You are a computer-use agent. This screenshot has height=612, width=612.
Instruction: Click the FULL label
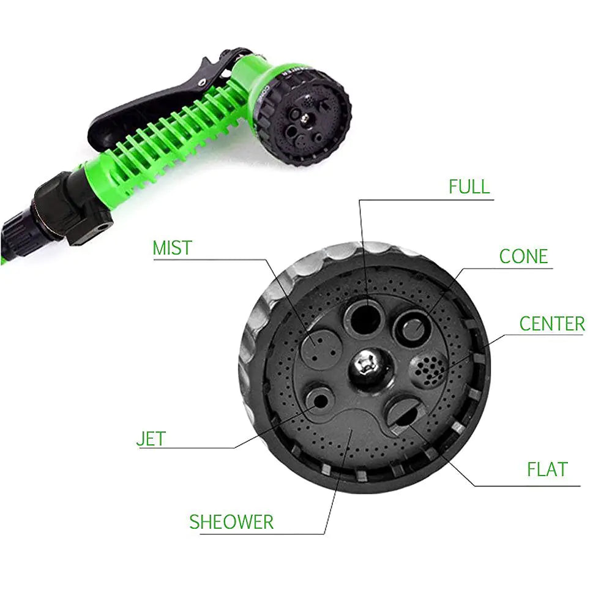tap(469, 187)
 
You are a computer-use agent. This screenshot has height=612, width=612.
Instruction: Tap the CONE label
tap(523, 256)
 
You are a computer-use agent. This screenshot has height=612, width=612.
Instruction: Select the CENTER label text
tap(552, 324)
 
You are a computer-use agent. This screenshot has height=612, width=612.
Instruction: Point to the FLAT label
tap(547, 469)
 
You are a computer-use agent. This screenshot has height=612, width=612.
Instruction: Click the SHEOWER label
tap(231, 522)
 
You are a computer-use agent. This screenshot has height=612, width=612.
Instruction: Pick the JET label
tap(151, 439)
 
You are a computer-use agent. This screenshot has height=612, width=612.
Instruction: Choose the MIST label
tap(172, 248)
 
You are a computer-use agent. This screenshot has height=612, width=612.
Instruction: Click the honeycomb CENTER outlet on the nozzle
tap(427, 370)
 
